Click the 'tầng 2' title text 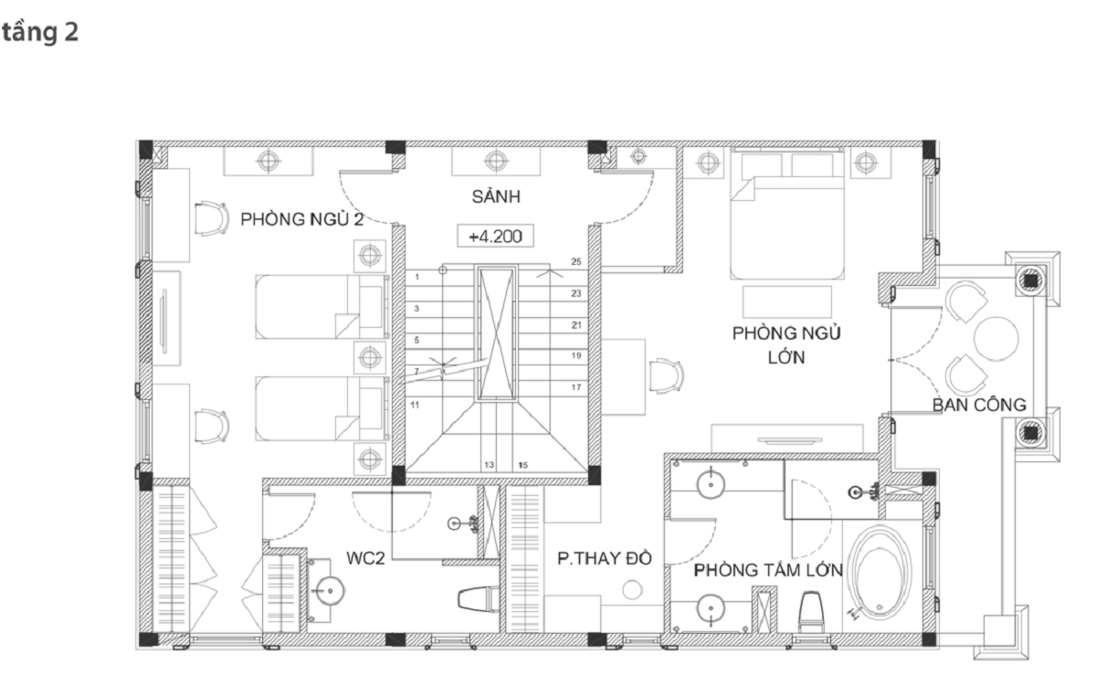[x=40, y=33]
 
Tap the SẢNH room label [x=496, y=196]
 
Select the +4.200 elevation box [x=495, y=236]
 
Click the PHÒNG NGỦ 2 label [x=302, y=219]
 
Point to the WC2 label [x=365, y=558]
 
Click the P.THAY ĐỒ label [x=605, y=558]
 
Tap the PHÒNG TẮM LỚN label [x=768, y=570]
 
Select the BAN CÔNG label [x=979, y=406]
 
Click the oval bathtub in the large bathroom [x=880, y=572]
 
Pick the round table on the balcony [x=996, y=338]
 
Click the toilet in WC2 [x=479, y=599]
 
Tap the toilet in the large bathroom [x=811, y=612]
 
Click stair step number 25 [x=576, y=262]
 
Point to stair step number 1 [x=416, y=277]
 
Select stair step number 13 [x=489, y=465]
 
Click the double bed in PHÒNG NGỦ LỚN [x=786, y=214]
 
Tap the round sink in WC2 [x=330, y=591]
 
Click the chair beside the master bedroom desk [x=667, y=375]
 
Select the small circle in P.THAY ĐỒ [x=632, y=589]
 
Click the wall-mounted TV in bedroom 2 [x=164, y=321]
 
